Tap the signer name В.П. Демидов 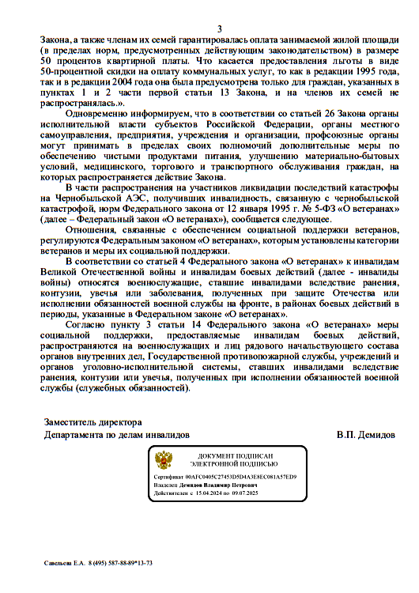(365, 435)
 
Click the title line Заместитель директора (92, 422)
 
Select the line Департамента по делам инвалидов (116, 435)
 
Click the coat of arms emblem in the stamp (164, 460)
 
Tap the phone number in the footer (121, 563)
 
